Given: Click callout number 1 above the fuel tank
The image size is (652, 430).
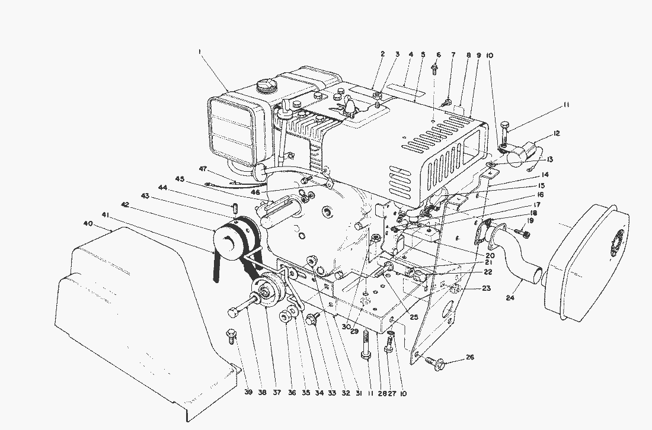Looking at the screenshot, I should tap(200, 52).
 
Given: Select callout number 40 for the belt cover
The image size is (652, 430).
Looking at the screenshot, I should tap(88, 223).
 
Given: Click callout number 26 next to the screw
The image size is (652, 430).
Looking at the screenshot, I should tap(470, 357).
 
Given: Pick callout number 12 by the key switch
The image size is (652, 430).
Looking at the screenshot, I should tap(556, 133).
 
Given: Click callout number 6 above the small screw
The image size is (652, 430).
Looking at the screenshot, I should tap(439, 54).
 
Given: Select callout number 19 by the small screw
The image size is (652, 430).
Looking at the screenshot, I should tap(531, 220).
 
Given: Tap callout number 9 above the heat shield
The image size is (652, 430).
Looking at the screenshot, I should tap(478, 54).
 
